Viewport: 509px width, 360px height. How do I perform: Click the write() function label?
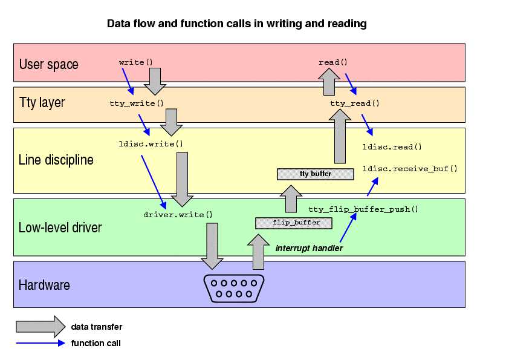pyautogui.click(x=135, y=62)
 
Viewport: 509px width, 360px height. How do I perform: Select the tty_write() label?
pyautogui.click(x=137, y=103)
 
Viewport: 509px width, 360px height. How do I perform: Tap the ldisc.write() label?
pyautogui.click(x=151, y=144)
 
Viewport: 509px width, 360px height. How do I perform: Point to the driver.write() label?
pyautogui.click(x=178, y=214)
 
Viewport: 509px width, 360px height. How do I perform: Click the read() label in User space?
pyautogui.click(x=334, y=62)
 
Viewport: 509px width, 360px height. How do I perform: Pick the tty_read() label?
pyautogui.click(x=355, y=103)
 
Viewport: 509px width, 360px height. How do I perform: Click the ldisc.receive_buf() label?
pyautogui.click(x=410, y=169)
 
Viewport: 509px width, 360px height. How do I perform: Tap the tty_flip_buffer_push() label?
pyautogui.click(x=363, y=209)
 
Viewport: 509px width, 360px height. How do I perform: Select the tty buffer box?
pyautogui.click(x=315, y=174)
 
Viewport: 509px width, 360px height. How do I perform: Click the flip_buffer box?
pyautogui.click(x=294, y=223)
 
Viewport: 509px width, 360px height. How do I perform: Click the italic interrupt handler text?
pyautogui.click(x=310, y=248)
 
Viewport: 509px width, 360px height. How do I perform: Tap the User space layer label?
pyautogui.click(x=48, y=64)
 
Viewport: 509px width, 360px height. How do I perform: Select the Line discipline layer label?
pyautogui.click(x=56, y=160)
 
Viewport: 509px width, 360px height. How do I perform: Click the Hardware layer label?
pyautogui.click(x=44, y=285)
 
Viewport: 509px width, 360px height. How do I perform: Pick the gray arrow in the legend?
pyautogui.click(x=40, y=327)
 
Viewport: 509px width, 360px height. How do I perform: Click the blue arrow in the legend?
pyautogui.click(x=40, y=343)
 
